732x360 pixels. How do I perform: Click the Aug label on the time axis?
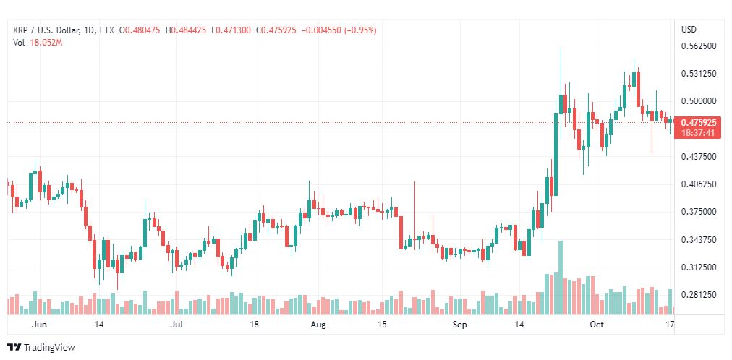click(318, 325)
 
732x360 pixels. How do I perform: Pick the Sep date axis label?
click(460, 325)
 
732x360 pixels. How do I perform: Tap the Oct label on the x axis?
click(596, 325)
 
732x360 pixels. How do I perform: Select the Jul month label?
click(176, 325)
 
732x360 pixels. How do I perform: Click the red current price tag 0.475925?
click(699, 123)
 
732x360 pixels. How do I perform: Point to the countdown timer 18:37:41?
click(699, 132)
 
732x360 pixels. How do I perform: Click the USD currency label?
click(689, 30)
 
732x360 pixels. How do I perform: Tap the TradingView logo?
click(41, 348)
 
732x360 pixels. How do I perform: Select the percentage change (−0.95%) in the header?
click(360, 30)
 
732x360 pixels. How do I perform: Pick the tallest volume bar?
click(561, 278)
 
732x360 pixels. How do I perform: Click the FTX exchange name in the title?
click(106, 30)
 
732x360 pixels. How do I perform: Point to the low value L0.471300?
click(231, 30)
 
